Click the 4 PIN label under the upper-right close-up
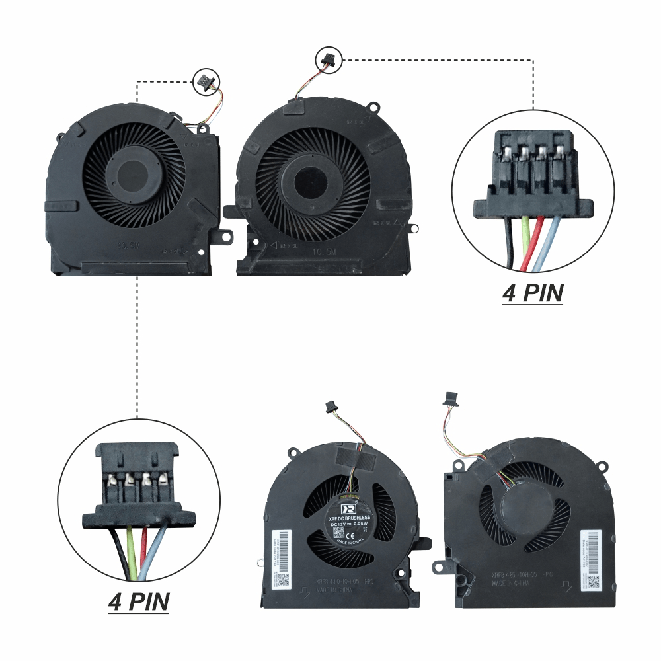[533, 293]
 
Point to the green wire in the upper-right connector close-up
[524, 228]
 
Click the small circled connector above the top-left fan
[202, 82]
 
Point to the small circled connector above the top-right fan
[327, 59]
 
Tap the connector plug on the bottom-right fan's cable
[451, 397]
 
